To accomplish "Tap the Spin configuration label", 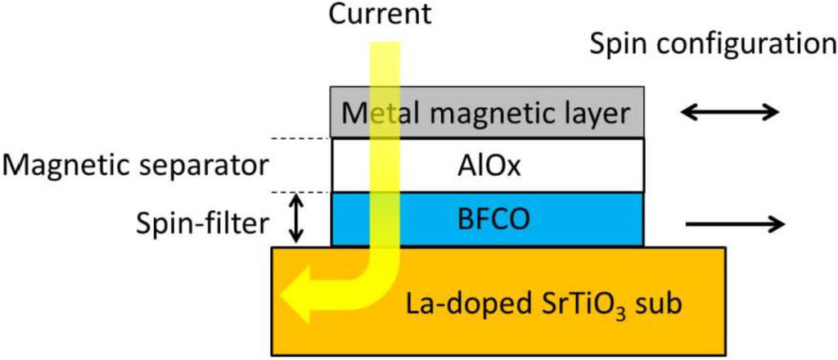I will pyautogui.click(x=713, y=45).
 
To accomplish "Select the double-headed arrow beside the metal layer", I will pyautogui.click(x=732, y=113).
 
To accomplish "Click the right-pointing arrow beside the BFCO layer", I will pyautogui.click(x=734, y=223).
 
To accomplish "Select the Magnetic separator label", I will pyautogui.click(x=136, y=166).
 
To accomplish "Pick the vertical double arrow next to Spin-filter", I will pyautogui.click(x=298, y=218).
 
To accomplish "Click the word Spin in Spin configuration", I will pyautogui.click(x=617, y=45).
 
